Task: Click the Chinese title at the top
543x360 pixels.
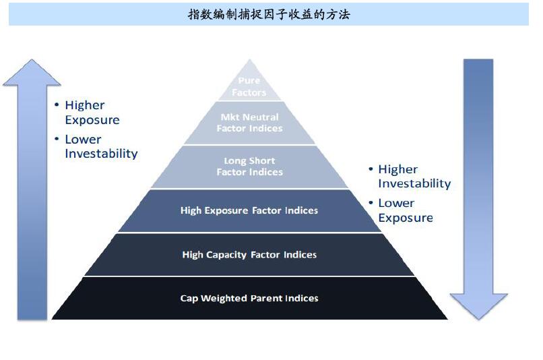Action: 269,14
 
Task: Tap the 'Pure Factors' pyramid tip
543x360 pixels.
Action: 249,83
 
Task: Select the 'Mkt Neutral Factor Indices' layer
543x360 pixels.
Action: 249,123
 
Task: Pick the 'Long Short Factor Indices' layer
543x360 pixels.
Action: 249,167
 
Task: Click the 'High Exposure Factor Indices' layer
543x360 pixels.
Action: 249,210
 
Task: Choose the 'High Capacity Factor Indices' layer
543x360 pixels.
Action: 249,254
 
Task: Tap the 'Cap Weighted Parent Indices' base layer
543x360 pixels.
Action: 249,298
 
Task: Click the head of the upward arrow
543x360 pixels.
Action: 32,73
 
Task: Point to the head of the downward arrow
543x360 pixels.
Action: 478,306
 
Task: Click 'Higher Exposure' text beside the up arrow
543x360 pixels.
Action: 92,113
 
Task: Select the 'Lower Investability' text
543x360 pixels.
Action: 101,146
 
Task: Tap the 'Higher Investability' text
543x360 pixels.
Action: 414,176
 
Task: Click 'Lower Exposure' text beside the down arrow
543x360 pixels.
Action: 406,210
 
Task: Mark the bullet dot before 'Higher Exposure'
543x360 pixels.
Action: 57,104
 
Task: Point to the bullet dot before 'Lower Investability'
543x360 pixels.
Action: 57,139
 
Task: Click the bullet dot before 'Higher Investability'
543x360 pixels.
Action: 371,169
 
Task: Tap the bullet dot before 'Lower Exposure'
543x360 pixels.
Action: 371,202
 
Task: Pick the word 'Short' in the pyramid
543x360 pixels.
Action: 261,160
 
